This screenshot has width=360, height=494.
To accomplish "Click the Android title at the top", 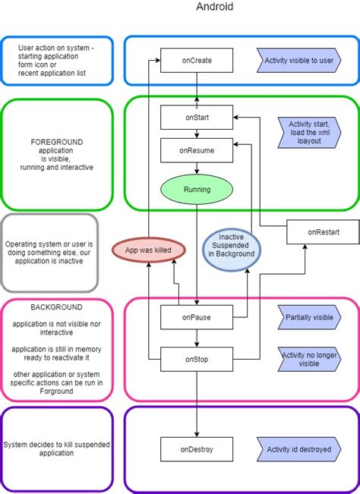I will click(215, 7).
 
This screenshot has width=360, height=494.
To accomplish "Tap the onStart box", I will click(197, 118).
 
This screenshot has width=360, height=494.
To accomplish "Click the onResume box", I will click(197, 150).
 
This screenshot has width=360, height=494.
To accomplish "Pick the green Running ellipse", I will click(197, 189).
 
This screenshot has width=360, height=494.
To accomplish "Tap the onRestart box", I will click(324, 231).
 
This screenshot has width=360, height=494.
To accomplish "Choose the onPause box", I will click(197, 317).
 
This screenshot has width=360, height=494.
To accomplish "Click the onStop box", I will click(197, 358).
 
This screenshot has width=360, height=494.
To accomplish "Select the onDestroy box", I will click(197, 449).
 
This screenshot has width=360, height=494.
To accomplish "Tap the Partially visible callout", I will click(308, 317).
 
